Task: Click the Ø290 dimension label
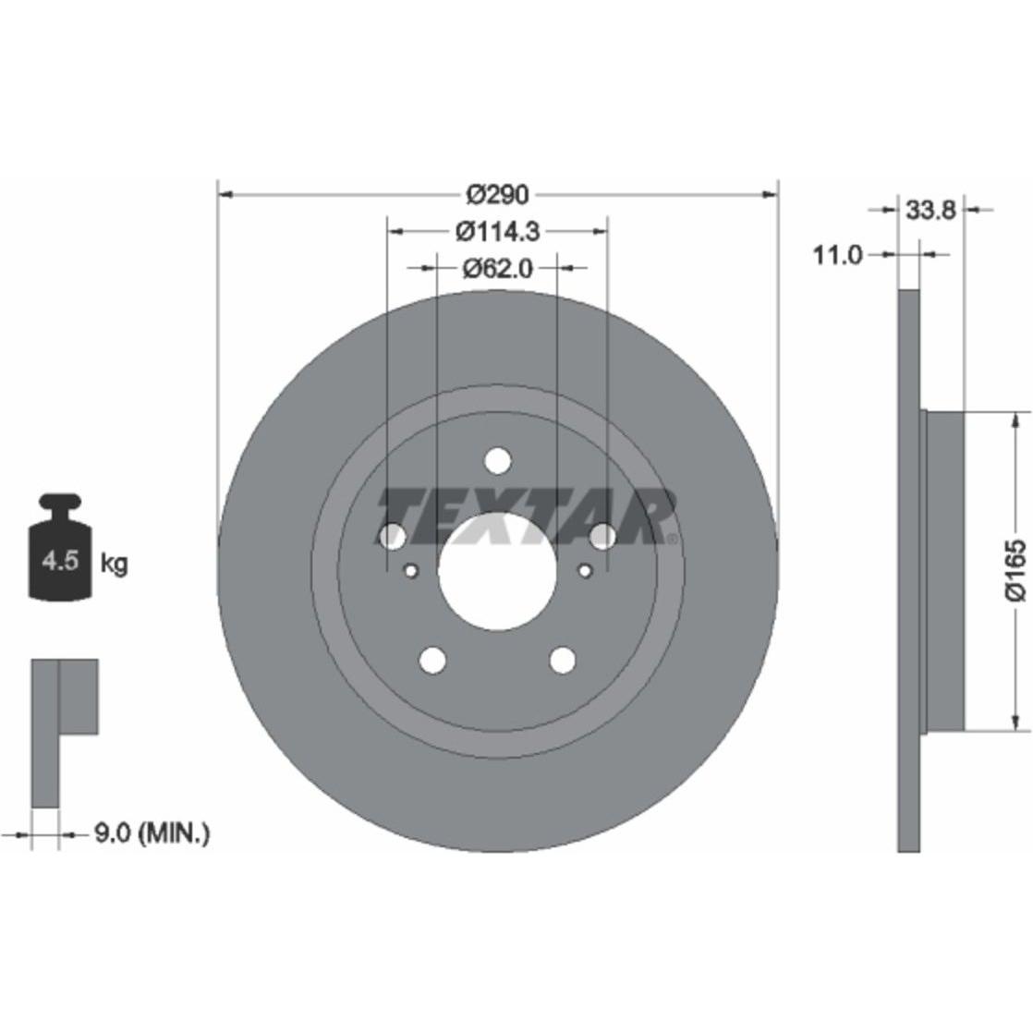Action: (497, 194)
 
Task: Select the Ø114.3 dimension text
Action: (497, 231)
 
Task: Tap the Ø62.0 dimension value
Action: (497, 268)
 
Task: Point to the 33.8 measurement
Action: (930, 210)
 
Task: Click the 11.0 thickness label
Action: (837, 254)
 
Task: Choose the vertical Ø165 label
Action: (1015, 570)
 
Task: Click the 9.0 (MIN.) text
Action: (152, 833)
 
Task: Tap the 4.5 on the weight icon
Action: (61, 561)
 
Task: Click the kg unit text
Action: (114, 564)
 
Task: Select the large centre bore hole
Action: (497, 570)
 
